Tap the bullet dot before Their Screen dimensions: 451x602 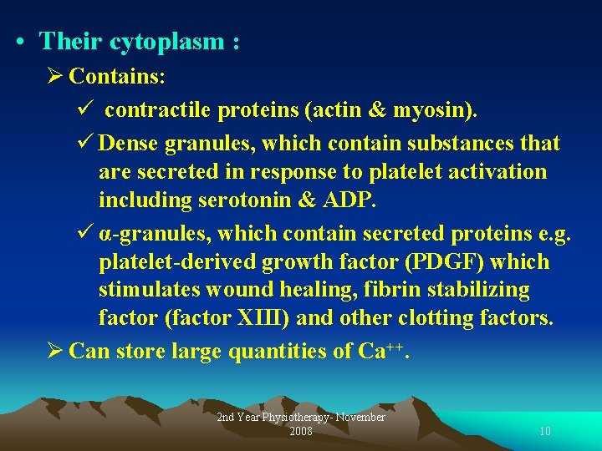pyautogui.click(x=18, y=42)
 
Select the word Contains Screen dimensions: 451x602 pyautogui.click(x=116, y=77)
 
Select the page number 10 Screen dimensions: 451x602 pyautogui.click(x=544, y=432)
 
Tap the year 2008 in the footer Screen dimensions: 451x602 pyautogui.click(x=300, y=432)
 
